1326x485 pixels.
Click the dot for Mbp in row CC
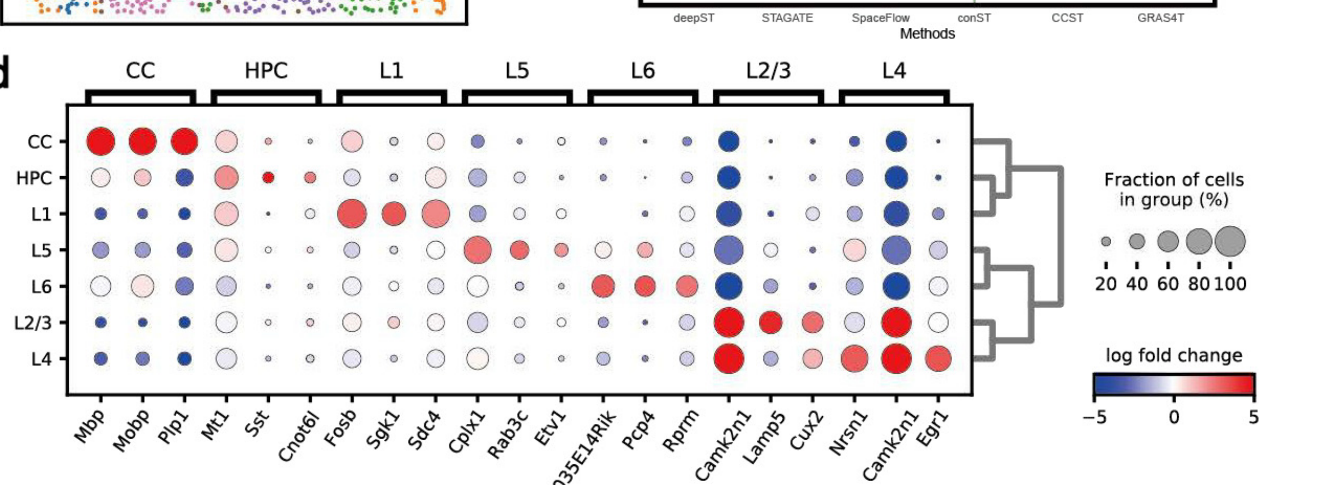coord(101,141)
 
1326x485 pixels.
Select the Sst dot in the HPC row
coord(268,178)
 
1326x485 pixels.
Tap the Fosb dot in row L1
coord(352,213)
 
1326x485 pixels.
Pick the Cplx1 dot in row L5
coord(477,250)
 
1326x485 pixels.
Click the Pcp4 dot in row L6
coord(645,286)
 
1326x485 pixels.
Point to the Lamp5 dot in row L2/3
coord(770,322)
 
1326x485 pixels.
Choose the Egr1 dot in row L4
coord(938,359)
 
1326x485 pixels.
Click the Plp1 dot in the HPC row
coord(185,178)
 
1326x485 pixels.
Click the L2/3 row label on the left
coord(33,323)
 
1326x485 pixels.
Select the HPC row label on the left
coord(34,178)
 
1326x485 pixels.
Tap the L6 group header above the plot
coord(643,71)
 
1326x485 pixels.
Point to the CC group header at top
coord(140,71)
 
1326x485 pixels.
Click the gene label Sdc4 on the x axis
coord(426,431)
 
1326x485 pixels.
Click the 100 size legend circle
coord(1230,241)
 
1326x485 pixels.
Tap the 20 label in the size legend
coord(1106,284)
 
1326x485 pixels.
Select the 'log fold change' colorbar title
coord(1174,356)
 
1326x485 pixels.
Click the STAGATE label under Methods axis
coord(787,18)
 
